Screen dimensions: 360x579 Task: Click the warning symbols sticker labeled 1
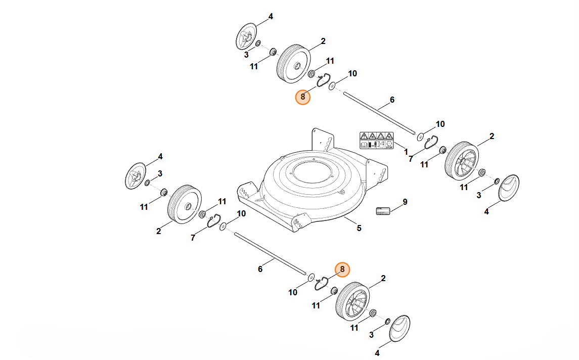[376, 140]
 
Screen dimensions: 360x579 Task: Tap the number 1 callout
[406, 151]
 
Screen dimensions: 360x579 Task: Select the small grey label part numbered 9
[383, 210]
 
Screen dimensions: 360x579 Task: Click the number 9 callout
[405, 202]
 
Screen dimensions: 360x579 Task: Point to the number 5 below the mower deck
[359, 228]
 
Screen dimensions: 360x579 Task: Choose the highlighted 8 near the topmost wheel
[302, 97]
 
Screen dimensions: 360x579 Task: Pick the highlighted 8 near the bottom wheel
[342, 269]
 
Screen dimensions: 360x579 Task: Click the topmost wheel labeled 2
[294, 63]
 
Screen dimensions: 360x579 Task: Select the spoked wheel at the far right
[461, 161]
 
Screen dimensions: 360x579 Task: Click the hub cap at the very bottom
[399, 329]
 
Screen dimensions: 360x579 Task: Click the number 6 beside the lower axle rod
[260, 269]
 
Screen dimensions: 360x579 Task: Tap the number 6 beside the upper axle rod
[392, 100]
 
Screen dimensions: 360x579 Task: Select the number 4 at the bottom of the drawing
[377, 353]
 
